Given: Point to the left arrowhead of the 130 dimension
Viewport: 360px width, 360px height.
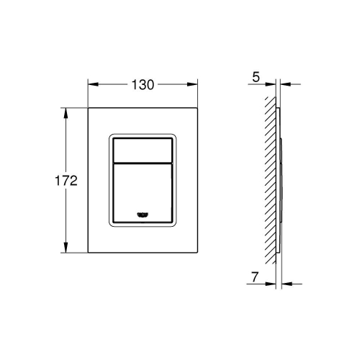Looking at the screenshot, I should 91,84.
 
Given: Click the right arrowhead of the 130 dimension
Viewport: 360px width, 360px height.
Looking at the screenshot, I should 197,84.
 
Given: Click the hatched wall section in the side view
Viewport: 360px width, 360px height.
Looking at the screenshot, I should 270,180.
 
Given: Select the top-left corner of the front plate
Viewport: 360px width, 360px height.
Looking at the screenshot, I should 89,109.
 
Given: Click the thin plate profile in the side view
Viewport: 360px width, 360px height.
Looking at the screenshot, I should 278,180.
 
